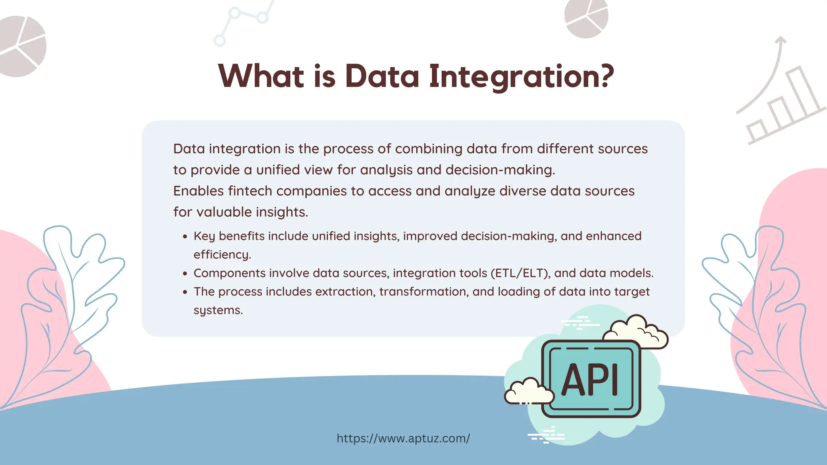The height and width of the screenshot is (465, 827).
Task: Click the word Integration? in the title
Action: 521,77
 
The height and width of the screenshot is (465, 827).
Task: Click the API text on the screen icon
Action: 590,380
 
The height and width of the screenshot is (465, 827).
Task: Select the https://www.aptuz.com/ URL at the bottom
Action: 403,438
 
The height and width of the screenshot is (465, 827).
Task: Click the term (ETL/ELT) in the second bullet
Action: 521,273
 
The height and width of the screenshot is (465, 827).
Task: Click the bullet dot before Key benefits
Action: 185,237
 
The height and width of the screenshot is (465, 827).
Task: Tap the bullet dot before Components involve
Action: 185,274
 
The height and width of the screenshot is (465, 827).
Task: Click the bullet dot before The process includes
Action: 185,293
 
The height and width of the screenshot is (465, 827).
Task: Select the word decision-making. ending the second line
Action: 500,170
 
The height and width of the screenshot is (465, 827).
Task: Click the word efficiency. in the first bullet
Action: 222,255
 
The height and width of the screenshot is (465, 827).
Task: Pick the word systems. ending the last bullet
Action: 218,310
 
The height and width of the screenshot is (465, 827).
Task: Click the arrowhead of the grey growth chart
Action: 781,40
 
